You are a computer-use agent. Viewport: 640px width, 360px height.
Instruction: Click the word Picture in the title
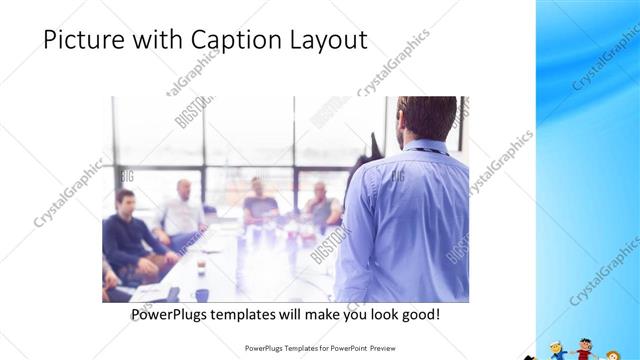tap(83, 40)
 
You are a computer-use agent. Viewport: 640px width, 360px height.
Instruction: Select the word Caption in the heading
tap(220, 40)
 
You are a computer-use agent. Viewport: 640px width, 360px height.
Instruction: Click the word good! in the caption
tap(416, 315)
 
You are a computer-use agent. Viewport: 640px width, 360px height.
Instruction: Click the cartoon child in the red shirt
tap(586, 351)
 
